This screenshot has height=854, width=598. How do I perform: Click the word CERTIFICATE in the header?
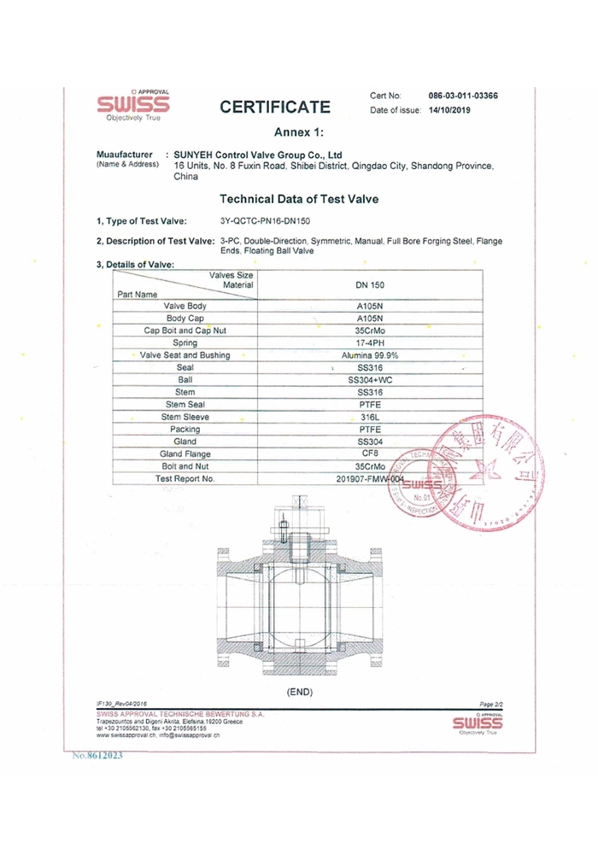click(x=275, y=108)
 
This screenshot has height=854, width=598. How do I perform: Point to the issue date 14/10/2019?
click(x=450, y=111)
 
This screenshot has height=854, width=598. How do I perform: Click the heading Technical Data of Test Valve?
click(x=299, y=199)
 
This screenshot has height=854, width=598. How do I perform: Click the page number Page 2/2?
click(x=493, y=702)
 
